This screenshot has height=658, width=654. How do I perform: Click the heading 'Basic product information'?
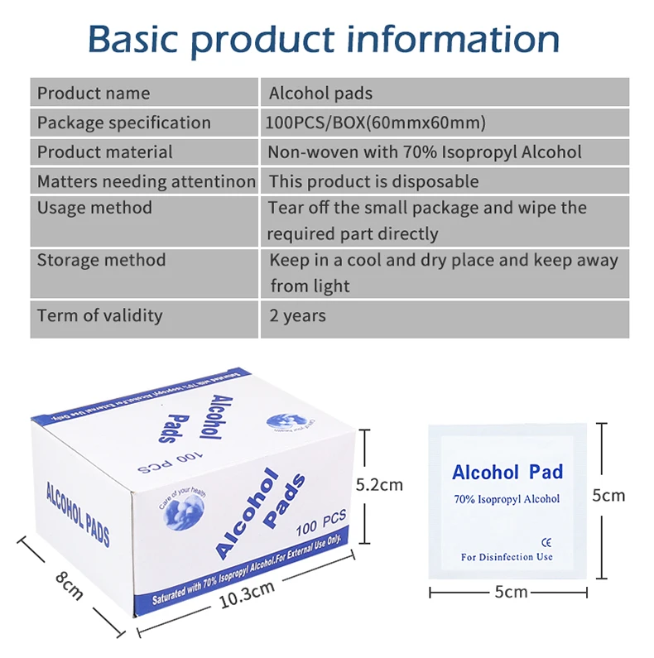[x=324, y=39]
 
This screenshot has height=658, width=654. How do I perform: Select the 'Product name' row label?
[x=94, y=93]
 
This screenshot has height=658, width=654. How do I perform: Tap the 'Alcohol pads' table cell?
[x=321, y=93]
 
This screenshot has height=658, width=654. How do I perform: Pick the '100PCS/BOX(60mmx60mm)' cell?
[x=376, y=122]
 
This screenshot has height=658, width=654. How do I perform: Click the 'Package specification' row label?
[x=123, y=122]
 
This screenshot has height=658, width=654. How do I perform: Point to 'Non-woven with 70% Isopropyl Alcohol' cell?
[x=424, y=152]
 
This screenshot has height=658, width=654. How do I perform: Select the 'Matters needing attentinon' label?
[x=146, y=181]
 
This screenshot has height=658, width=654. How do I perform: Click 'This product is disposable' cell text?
[x=373, y=181]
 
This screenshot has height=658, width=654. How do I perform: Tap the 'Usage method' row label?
[x=94, y=207]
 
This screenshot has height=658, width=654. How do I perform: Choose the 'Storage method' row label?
[x=101, y=260]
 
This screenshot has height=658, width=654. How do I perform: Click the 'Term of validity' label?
[x=99, y=315]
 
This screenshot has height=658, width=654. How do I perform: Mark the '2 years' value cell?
[x=298, y=315]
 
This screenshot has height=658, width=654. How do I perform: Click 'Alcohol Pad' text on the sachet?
[x=507, y=473]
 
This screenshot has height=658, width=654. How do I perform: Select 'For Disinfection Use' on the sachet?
[x=507, y=557]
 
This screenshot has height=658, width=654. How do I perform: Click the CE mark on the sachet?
[x=546, y=542]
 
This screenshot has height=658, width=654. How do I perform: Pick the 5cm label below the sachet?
[x=511, y=592]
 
